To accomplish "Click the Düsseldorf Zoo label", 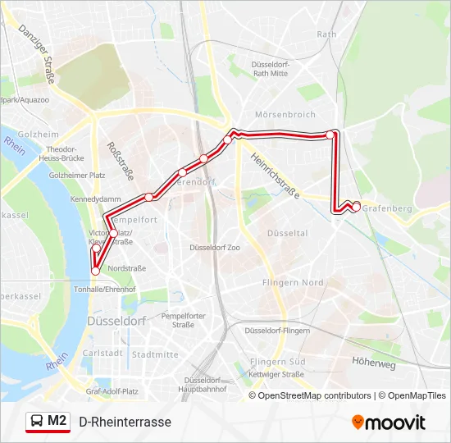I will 215,247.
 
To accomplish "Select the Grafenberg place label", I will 386,208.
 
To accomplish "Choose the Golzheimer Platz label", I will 77,176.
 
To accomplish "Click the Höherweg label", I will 373,359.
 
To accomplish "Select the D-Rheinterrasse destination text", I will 125,422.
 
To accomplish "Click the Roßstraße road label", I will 121,160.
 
